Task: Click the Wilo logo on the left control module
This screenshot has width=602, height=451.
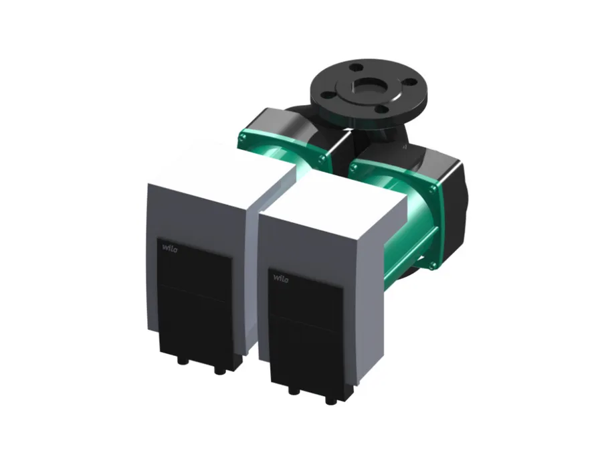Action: [169, 248]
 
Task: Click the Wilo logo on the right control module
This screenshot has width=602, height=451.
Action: [281, 278]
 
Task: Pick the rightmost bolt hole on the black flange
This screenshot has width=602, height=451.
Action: [411, 82]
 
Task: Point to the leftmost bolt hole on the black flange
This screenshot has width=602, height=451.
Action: [326, 95]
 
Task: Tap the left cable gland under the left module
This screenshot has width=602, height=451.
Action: [181, 361]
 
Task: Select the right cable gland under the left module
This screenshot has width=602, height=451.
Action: [219, 371]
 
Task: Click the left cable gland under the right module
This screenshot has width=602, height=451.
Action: [294, 391]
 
